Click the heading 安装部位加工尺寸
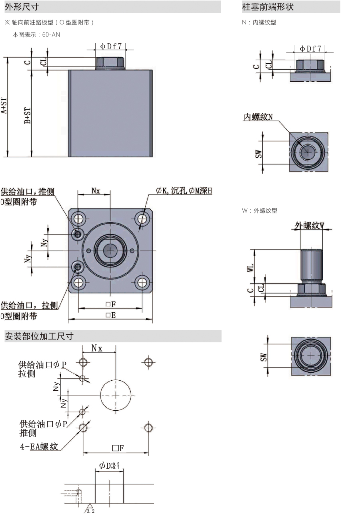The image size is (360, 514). pyautogui.click(x=39, y=336)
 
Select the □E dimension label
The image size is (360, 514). pyautogui.click(x=111, y=315)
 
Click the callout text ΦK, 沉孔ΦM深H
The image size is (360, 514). pyautogui.click(x=184, y=191)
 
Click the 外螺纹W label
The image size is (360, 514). pyautogui.click(x=309, y=225)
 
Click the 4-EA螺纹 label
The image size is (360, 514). pyautogui.click(x=39, y=447)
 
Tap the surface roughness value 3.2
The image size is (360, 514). pyautogui.click(x=90, y=511)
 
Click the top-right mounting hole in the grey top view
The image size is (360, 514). pyautogui.click(x=142, y=219)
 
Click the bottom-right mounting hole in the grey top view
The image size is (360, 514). pyautogui.click(x=142, y=283)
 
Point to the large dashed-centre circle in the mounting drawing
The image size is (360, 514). pyautogui.click(x=116, y=394)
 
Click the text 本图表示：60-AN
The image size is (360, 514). pyautogui.click(x=36, y=35)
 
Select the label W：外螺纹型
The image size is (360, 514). pyautogui.click(x=260, y=211)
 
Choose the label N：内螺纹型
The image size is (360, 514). pyautogui.click(x=259, y=23)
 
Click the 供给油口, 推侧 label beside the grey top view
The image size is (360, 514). pyautogui.click(x=27, y=191)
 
